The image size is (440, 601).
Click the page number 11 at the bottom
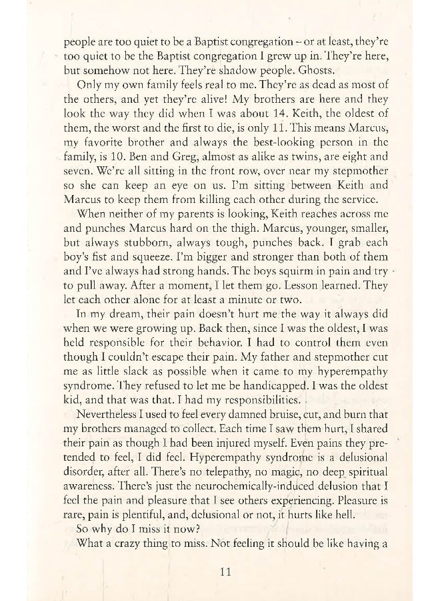pos(224,571)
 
